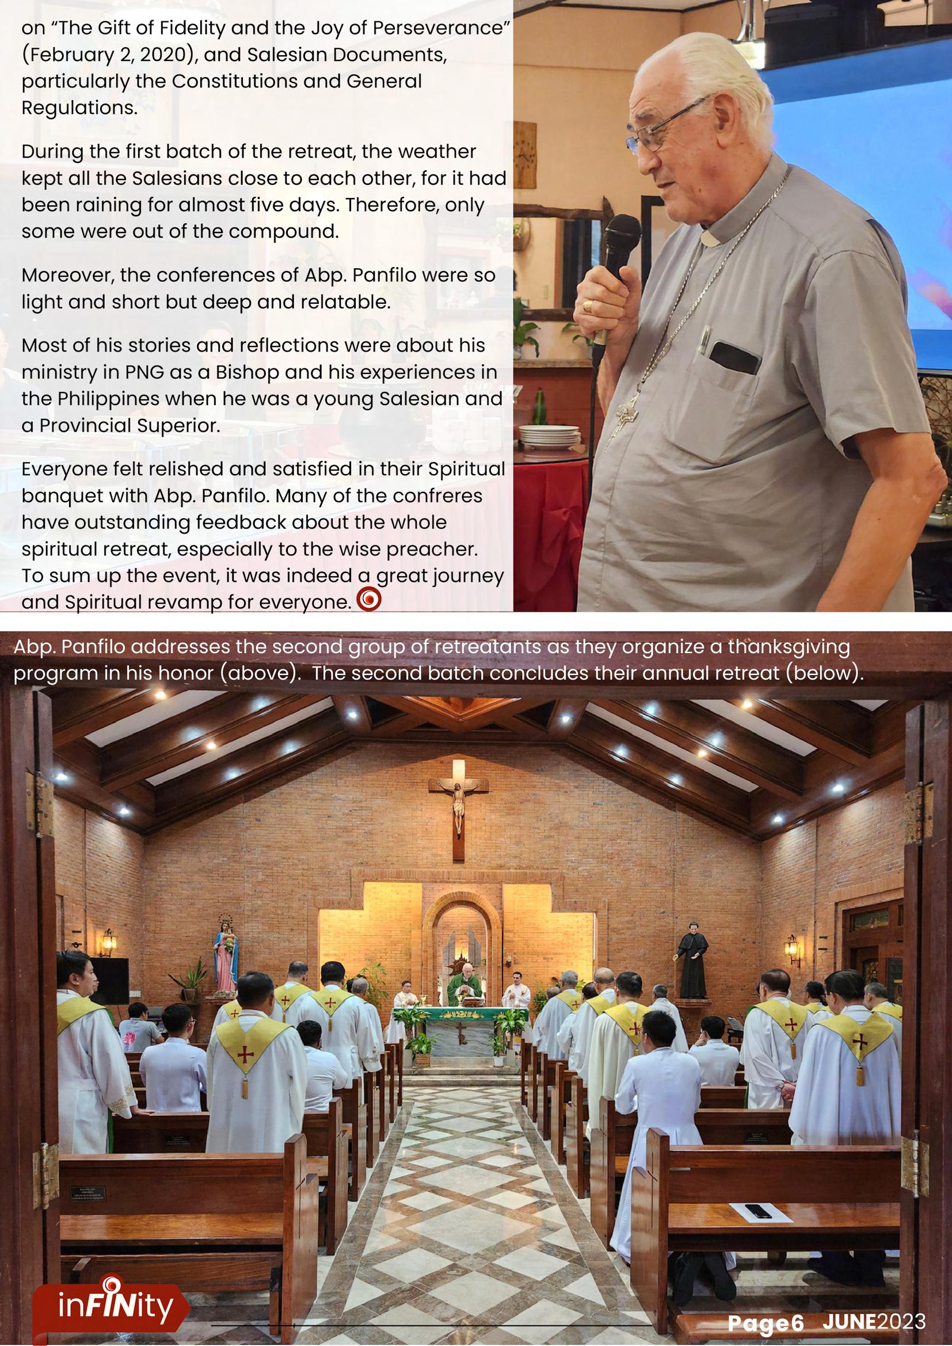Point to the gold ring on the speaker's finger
(x=588, y=306)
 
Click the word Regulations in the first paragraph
(x=79, y=108)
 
